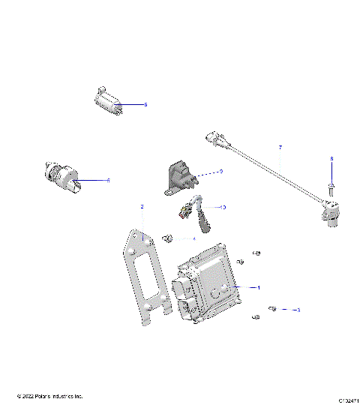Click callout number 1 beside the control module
point(259,287)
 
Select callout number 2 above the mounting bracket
point(142,205)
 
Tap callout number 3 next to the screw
point(298,309)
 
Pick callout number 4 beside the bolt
point(193,239)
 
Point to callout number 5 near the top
point(145,105)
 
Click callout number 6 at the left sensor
point(109,180)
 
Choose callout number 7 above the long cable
point(280,147)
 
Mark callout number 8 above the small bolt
point(331,159)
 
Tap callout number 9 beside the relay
point(221,171)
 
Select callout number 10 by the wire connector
point(223,206)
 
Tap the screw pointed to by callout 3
point(273,308)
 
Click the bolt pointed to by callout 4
point(168,239)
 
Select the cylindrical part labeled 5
point(109,102)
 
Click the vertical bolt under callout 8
point(331,187)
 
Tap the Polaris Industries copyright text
point(49,396)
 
